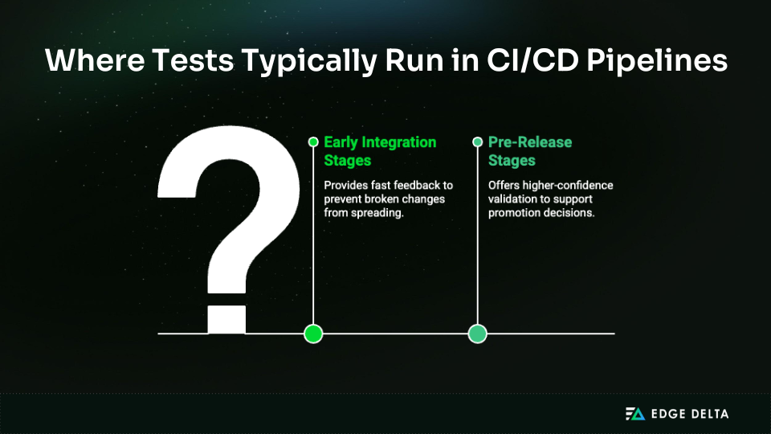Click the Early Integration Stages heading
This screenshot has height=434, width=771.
(380, 150)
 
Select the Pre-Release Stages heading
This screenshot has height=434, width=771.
(530, 150)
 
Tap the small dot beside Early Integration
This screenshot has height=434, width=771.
(313, 142)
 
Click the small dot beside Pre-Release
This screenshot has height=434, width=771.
(478, 142)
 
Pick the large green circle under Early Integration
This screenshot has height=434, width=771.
(313, 333)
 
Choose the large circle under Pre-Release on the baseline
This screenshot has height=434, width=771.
(478, 333)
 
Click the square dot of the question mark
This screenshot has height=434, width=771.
(226, 318)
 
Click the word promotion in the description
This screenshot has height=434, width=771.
(514, 213)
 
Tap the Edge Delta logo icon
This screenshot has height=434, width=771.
(635, 414)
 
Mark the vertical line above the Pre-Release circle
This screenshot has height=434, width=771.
(478, 241)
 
